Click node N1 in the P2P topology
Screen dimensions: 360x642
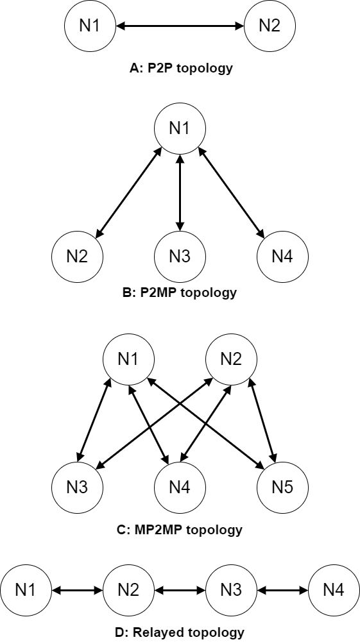click(90, 26)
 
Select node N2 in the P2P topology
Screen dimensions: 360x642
click(270, 26)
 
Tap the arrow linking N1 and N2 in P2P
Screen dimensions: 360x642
click(180, 26)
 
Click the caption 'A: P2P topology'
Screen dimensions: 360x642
click(181, 68)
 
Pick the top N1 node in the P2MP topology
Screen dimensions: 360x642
click(180, 128)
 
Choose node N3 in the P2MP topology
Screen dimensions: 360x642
click(180, 257)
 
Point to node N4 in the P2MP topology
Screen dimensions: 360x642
click(282, 257)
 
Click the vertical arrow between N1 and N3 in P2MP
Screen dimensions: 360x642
click(180, 193)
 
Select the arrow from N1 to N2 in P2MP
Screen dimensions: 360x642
click(128, 193)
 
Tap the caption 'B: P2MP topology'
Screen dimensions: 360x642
click(180, 292)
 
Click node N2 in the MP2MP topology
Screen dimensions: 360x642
click(231, 360)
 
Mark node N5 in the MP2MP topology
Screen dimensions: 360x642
click(282, 487)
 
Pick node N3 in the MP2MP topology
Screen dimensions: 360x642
click(78, 487)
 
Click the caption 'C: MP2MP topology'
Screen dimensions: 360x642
click(180, 530)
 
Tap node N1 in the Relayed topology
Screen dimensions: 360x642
click(26, 591)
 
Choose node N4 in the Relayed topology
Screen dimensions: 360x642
click(334, 591)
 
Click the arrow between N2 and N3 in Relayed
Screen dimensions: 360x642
click(180, 591)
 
